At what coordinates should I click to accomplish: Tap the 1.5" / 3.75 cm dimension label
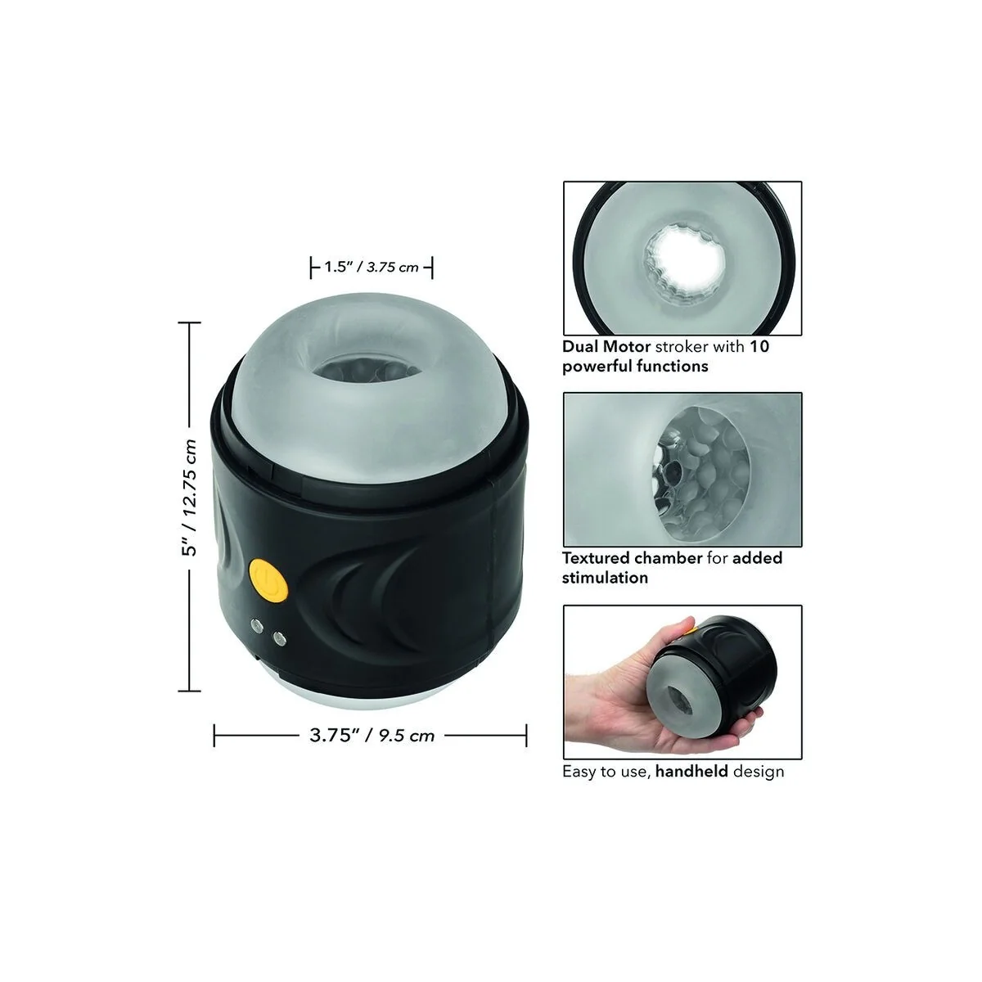(x=372, y=267)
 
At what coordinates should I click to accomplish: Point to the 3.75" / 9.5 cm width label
(x=372, y=735)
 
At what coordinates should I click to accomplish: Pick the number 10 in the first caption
(x=759, y=346)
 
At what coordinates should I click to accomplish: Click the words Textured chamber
(x=632, y=558)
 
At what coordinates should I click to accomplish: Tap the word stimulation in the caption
(x=605, y=578)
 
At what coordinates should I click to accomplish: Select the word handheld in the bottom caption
(x=691, y=771)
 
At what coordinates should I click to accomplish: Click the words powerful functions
(x=635, y=366)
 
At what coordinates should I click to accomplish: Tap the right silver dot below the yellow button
(x=281, y=636)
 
